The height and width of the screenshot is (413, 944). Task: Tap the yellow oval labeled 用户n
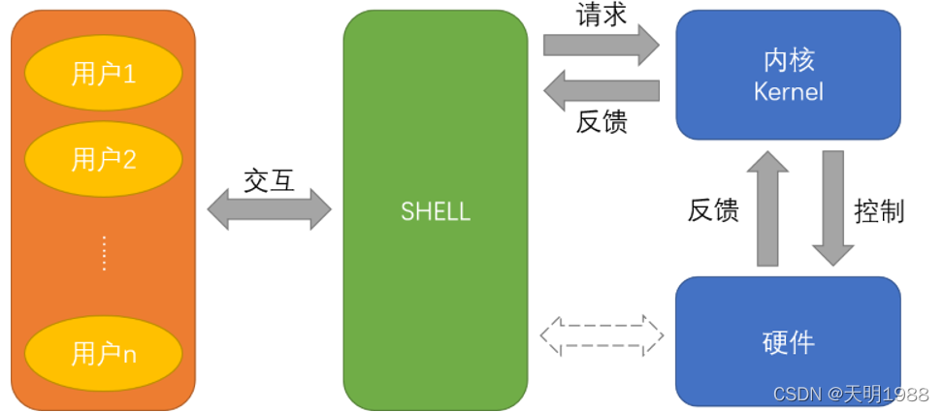pos(104,354)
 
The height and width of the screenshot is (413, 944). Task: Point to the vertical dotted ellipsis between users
pos(104,253)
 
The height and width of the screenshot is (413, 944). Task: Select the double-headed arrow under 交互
pos(270,209)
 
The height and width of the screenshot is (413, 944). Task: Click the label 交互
pos(269,180)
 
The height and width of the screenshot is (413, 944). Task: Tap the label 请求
pos(602,15)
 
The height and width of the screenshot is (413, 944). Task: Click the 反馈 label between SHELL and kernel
pos(602,122)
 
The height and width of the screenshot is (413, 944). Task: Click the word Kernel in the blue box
pos(788,92)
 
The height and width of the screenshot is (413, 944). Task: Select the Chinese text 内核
pos(788,60)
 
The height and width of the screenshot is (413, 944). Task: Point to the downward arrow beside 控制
pos(832,207)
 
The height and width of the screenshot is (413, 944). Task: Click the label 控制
pos(879,210)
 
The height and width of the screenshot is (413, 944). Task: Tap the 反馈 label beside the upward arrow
pos(714,210)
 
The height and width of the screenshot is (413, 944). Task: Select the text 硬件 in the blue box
pos(788,342)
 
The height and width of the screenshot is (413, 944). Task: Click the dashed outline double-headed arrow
pos(602,334)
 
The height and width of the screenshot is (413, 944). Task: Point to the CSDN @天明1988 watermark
pos(851,394)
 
